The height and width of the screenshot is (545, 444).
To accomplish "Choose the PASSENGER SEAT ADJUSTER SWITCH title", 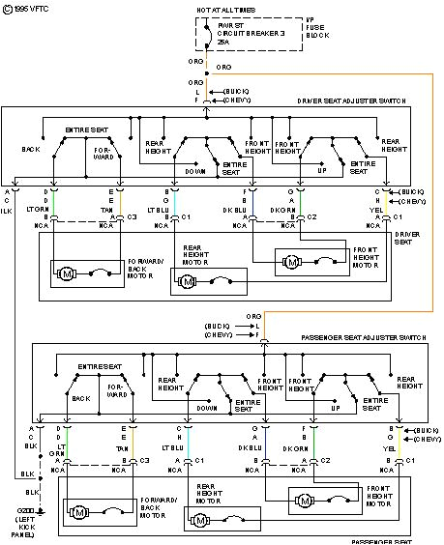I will click(x=363, y=338).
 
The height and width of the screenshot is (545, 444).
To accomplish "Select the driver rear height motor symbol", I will click(x=185, y=281).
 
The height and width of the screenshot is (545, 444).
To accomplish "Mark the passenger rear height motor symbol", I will click(x=200, y=520).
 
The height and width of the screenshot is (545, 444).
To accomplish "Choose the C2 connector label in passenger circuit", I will click(x=326, y=461).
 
